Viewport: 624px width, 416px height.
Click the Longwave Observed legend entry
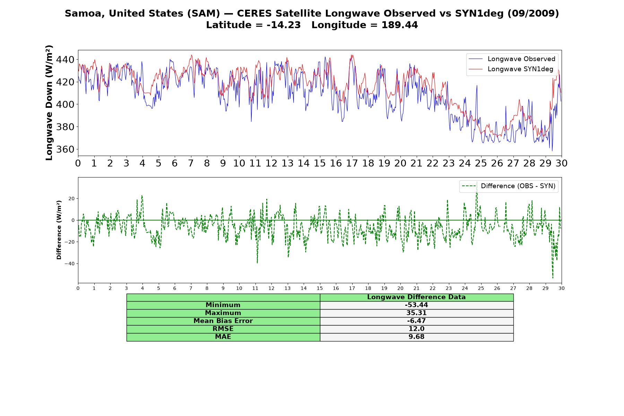tap(512, 59)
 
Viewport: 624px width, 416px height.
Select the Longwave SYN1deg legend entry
tap(511, 69)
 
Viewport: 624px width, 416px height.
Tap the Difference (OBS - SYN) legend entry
tap(509, 186)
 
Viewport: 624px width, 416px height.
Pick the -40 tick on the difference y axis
tap(69, 264)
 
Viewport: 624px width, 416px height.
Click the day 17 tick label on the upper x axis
tap(352, 163)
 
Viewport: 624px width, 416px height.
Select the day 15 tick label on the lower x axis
tap(320, 288)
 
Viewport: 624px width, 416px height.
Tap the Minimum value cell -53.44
tap(416, 305)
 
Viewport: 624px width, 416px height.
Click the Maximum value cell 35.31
tap(416, 313)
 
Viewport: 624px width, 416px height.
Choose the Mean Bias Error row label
tap(223, 321)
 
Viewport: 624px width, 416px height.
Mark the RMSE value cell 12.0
tap(416, 329)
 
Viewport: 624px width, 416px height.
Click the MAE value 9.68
tap(416, 337)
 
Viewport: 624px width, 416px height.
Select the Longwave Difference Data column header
tap(416, 297)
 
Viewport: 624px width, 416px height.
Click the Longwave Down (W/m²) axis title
tap(49, 103)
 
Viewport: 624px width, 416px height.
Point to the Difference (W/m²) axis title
tap(59, 230)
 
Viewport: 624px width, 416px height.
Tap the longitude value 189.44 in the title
tap(400, 25)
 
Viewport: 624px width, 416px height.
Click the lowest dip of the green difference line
tap(553, 278)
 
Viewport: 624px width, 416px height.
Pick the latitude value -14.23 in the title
tap(284, 25)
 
